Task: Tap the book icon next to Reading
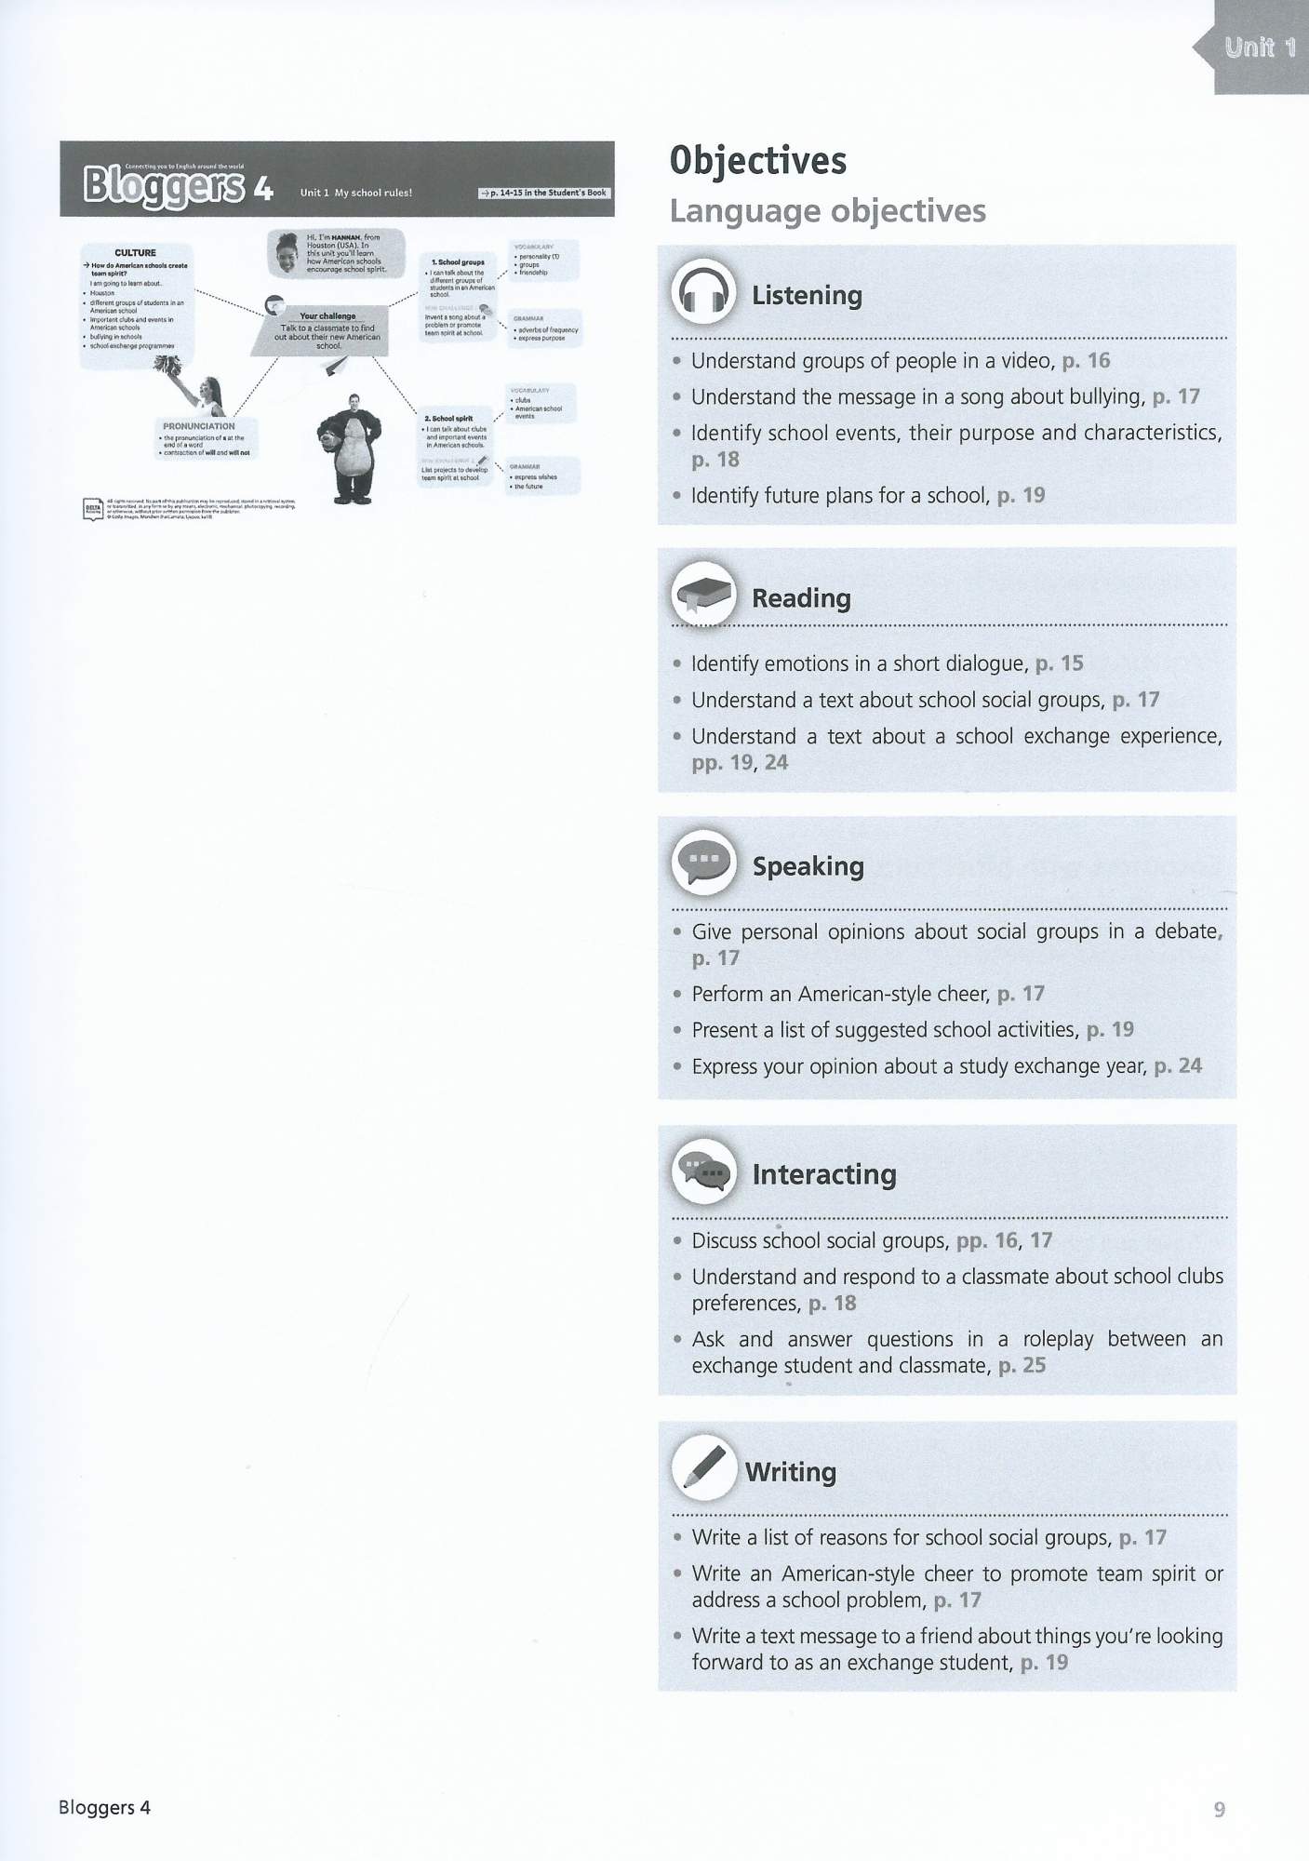[703, 596]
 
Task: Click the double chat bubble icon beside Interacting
[703, 1172]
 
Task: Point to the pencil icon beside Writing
[703, 1469]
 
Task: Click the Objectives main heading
[758, 161]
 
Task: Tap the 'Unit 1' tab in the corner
[1260, 47]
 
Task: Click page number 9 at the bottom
[1219, 1809]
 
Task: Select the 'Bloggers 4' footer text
[104, 1807]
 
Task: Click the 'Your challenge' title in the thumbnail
[327, 315]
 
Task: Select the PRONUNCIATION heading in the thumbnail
[199, 426]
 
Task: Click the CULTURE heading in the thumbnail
[135, 252]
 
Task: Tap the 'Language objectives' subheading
[828, 211]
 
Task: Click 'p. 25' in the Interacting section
[1022, 1365]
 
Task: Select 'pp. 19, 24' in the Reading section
[740, 762]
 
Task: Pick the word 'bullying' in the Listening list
[1106, 396]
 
